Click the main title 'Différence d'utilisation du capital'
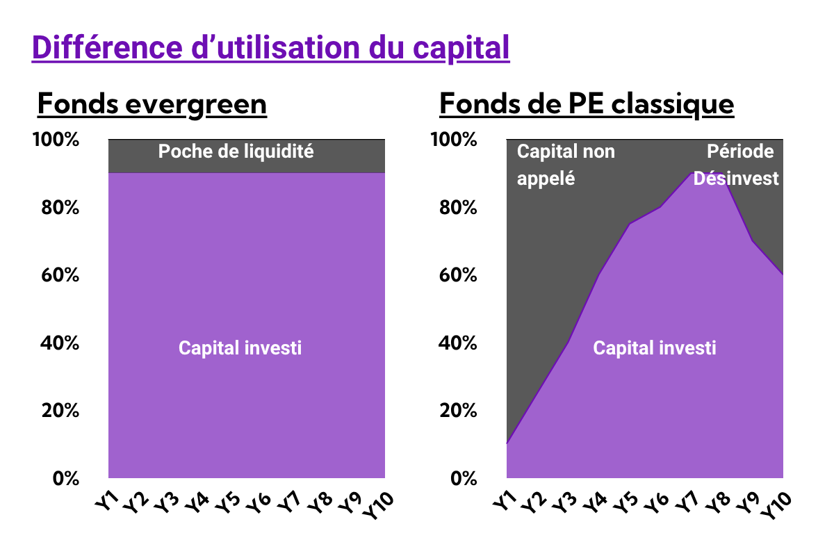click(x=270, y=48)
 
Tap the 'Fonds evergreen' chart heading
click(x=152, y=105)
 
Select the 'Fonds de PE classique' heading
click(x=587, y=105)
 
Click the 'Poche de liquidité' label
click(x=236, y=152)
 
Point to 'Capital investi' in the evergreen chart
click(x=240, y=347)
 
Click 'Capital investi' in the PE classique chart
click(x=655, y=347)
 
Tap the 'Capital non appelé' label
click(x=566, y=165)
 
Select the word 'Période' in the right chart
click(x=740, y=152)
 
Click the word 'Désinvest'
click(x=736, y=179)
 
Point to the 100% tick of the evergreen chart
click(x=56, y=140)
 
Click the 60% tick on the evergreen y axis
click(x=60, y=275)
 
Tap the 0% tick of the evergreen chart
click(x=66, y=479)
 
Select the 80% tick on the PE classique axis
click(x=458, y=207)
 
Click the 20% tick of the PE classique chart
click(x=458, y=411)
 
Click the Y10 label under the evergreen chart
click(x=378, y=506)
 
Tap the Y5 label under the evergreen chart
click(x=227, y=502)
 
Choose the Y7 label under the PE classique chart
click(x=686, y=502)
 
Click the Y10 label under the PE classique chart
click(x=776, y=506)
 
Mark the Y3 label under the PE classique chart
click(x=564, y=502)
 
